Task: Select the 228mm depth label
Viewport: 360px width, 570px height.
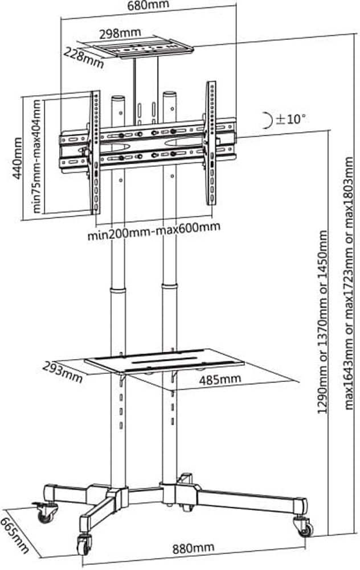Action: coord(84,57)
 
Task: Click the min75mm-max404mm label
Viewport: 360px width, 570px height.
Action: coord(38,156)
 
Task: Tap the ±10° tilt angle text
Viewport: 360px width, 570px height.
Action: coord(291,119)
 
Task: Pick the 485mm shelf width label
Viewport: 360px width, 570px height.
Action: coord(220,379)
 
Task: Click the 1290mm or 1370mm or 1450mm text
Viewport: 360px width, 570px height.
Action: coord(323,322)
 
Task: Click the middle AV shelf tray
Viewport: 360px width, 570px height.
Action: coord(165,361)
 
